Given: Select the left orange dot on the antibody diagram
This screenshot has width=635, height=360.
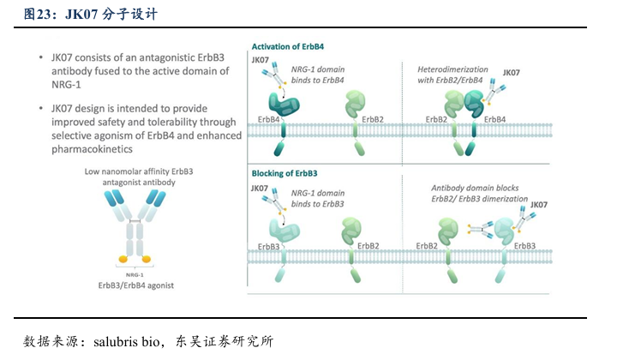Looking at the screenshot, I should tap(123, 257).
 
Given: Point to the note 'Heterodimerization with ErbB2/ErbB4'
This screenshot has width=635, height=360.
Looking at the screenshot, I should tap(452, 74).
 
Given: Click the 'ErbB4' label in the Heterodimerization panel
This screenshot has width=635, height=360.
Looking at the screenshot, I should tap(496, 119).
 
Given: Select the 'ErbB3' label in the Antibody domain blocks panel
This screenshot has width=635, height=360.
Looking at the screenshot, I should tap(524, 246).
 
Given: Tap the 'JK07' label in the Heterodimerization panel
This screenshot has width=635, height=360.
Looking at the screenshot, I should tap(511, 73).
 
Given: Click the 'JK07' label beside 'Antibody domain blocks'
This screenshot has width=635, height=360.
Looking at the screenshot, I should tap(539, 205).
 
